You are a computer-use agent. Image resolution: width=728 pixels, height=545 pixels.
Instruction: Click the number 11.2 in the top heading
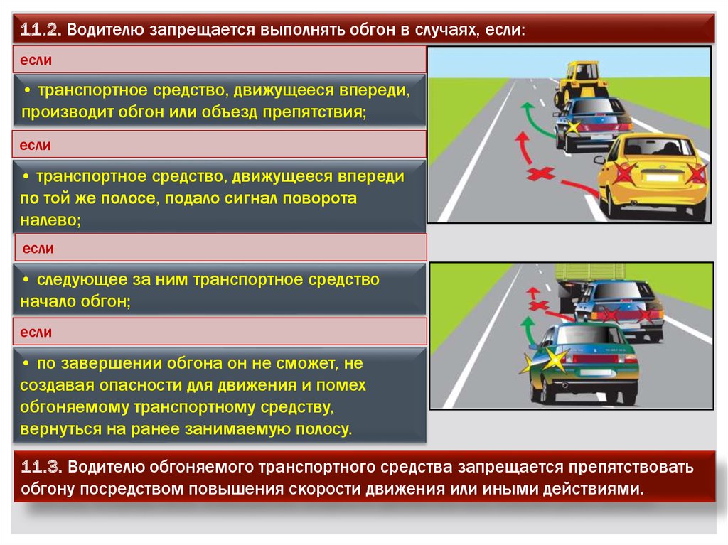[x=41, y=30]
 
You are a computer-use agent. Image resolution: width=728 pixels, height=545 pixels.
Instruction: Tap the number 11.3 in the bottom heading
[x=41, y=467]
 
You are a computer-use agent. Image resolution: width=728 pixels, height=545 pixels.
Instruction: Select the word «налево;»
[x=50, y=220]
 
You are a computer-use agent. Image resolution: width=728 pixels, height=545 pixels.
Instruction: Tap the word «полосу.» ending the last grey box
[x=323, y=429]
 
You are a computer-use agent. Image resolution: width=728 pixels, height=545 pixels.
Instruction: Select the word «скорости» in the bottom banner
[x=323, y=490]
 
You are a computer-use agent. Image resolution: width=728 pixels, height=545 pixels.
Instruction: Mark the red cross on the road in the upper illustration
[x=540, y=173]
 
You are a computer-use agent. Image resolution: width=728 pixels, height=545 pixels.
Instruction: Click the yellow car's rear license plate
[x=663, y=178]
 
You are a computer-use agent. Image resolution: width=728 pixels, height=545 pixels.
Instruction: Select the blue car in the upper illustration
[x=592, y=124]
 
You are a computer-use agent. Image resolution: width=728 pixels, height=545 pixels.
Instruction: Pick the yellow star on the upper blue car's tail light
[x=573, y=126]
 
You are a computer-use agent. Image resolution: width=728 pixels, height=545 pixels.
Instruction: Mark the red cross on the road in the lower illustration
[x=539, y=306]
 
